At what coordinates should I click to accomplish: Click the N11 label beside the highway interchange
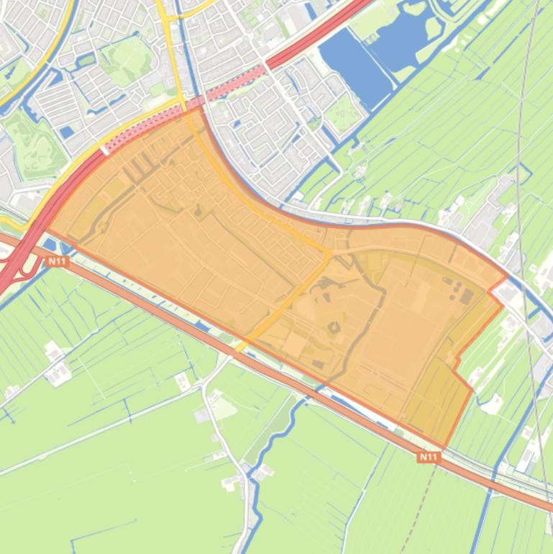tap(56, 262)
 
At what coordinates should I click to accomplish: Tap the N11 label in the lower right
tap(428, 456)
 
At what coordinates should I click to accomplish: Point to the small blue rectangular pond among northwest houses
tap(67, 132)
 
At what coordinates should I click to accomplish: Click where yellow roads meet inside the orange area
tap(330, 253)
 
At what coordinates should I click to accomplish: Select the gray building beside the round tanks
tap(467, 296)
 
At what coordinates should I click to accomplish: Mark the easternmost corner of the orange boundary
tap(507, 276)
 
